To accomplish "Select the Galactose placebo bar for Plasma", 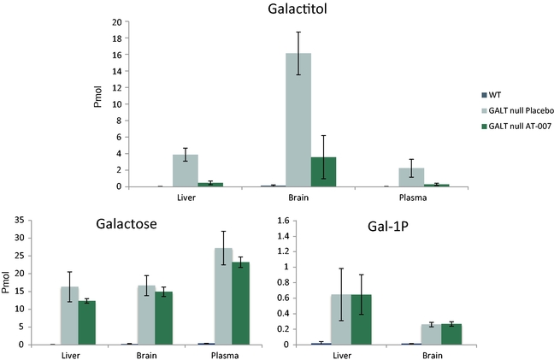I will [223, 296].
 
